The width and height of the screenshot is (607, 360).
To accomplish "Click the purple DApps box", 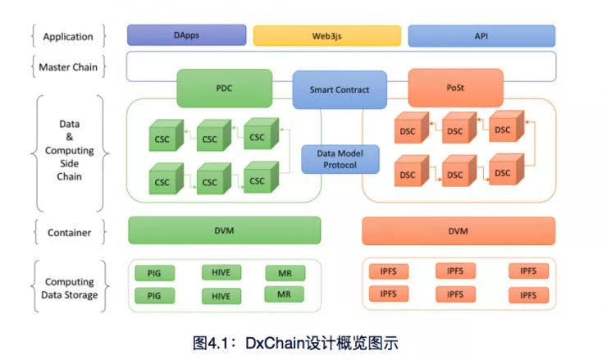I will pyautogui.click(x=186, y=35).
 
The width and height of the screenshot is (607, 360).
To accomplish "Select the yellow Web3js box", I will pyautogui.click(x=326, y=36).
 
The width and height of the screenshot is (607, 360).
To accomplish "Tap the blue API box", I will pyautogui.click(x=481, y=36).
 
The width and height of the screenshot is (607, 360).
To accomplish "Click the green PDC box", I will pyautogui.click(x=224, y=88).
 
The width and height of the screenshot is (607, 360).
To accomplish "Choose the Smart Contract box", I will pyautogui.click(x=340, y=89).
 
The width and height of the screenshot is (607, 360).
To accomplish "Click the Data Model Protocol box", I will pyautogui.click(x=340, y=158).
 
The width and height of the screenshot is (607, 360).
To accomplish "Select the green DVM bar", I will pyautogui.click(x=224, y=230).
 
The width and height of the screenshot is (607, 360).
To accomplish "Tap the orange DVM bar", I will pyautogui.click(x=459, y=230).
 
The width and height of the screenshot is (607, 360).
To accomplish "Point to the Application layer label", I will pyautogui.click(x=68, y=36).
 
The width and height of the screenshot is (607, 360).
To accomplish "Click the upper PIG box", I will pyautogui.click(x=154, y=273).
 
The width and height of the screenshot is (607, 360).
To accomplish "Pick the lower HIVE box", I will pyautogui.click(x=221, y=295).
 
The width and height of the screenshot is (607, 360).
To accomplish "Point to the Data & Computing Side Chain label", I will pyautogui.click(x=69, y=151).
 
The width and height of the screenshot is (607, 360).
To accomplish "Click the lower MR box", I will pyautogui.click(x=284, y=294).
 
